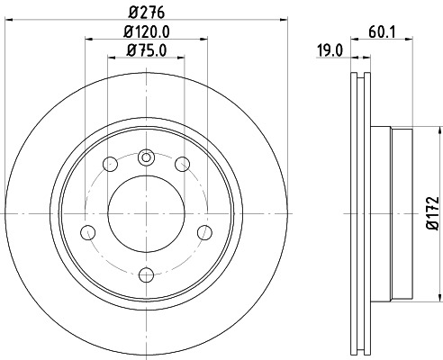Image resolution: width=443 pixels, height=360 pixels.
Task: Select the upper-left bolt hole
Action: click(110, 164)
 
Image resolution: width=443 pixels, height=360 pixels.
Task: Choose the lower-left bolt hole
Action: click(88, 232)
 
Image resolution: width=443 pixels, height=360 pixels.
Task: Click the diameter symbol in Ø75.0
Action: click(131, 49)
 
